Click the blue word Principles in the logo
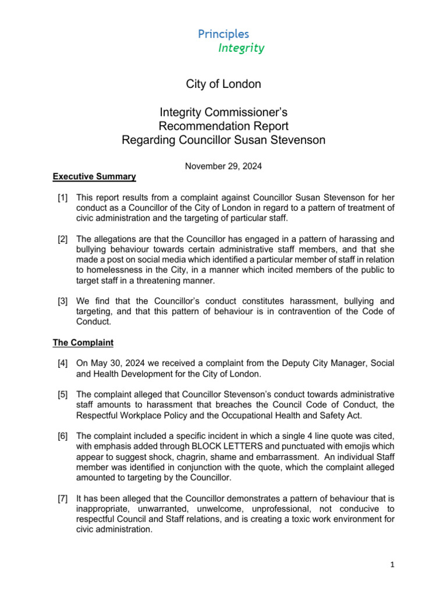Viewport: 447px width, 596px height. tap(223, 34)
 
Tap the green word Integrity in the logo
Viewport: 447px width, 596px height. tap(241, 48)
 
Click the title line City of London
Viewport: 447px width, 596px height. tap(223, 84)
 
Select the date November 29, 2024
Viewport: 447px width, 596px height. tap(223, 166)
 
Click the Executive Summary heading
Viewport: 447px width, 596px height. tap(94, 176)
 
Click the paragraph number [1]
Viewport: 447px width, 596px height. tap(63, 198)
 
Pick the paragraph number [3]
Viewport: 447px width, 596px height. tap(63, 301)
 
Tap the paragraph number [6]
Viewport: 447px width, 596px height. tap(63, 436)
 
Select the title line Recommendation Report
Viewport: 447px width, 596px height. tap(223, 126)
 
